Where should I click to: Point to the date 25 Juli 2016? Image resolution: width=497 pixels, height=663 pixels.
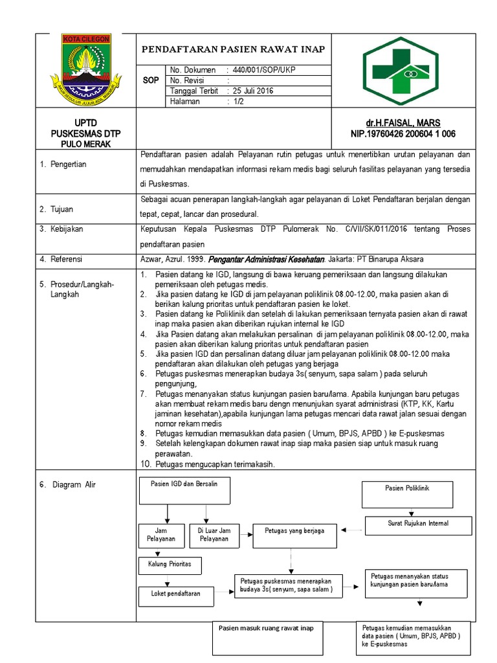253,91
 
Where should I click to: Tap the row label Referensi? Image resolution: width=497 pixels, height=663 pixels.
65,259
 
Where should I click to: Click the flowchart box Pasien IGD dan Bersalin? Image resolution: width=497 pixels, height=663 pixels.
184,490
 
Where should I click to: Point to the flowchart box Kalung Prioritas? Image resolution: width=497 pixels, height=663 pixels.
170,565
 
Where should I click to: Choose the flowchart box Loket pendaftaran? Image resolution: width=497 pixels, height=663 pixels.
175,594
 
